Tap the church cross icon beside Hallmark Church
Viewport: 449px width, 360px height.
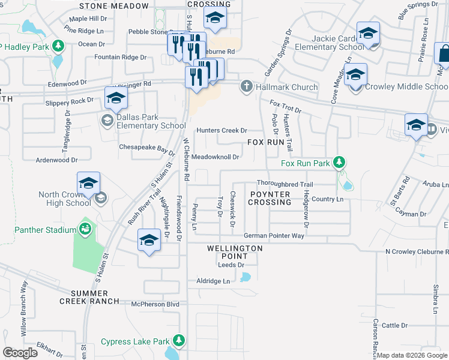(x=246, y=87)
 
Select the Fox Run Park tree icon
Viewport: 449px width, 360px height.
(x=339, y=162)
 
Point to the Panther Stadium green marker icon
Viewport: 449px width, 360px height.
(x=86, y=229)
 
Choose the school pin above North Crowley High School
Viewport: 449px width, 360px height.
(x=89, y=183)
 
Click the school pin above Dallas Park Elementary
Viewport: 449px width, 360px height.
(x=116, y=98)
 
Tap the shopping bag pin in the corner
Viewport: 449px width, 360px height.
(x=444, y=53)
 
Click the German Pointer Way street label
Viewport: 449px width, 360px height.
(x=274, y=236)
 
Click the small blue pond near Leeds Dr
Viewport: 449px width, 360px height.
(x=244, y=277)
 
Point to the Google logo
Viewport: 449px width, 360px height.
(x=20, y=353)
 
